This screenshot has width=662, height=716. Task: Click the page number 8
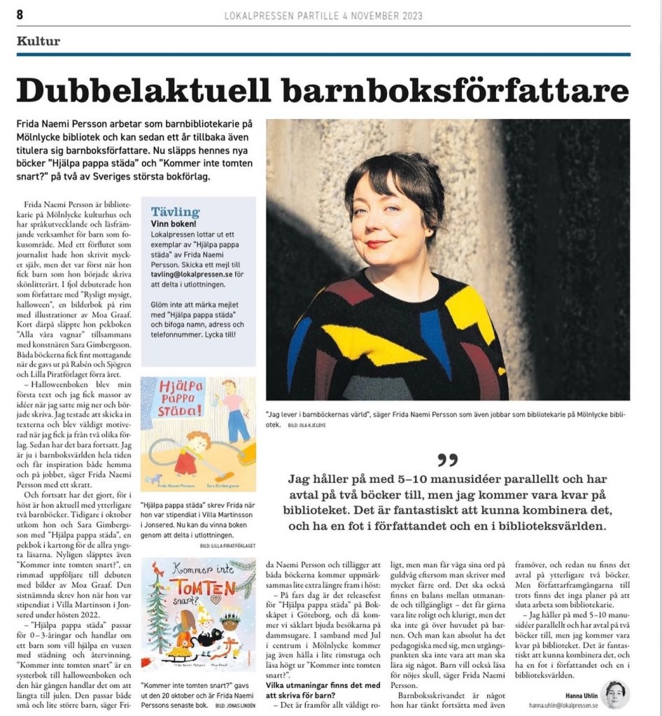[20, 15]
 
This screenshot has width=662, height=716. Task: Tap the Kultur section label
[38, 41]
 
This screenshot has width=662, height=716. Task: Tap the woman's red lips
[377, 244]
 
